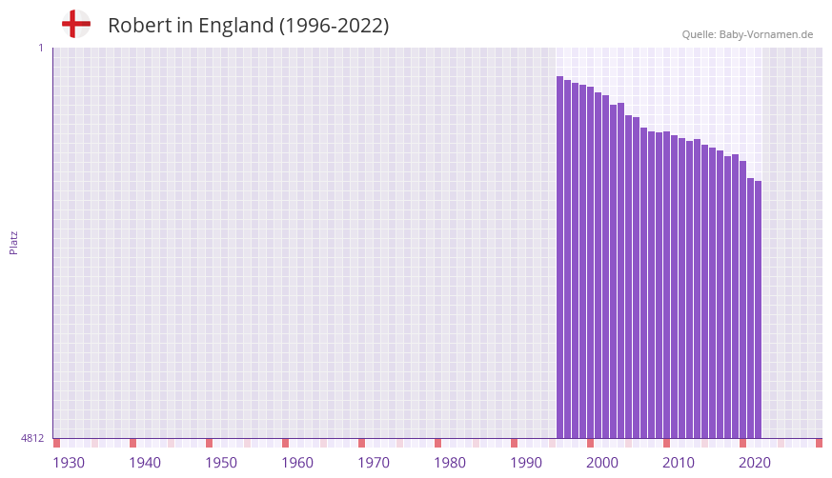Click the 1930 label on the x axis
coord(69,463)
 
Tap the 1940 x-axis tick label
coord(145,463)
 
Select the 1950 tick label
coord(221,463)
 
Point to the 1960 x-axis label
coord(297,463)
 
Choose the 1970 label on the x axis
coord(374,463)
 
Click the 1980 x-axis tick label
coord(450,463)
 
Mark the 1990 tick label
coord(526,463)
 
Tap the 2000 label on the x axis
coord(602,463)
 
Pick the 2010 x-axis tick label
coord(679,463)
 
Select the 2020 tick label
coord(755,463)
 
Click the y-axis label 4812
coord(32,438)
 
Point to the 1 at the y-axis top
coord(40,48)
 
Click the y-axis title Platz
coord(13,242)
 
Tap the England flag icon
coord(76,24)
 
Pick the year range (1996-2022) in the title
coord(334,26)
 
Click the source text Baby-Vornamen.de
coord(766,34)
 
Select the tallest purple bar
coord(560,257)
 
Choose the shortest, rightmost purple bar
coord(759,309)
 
